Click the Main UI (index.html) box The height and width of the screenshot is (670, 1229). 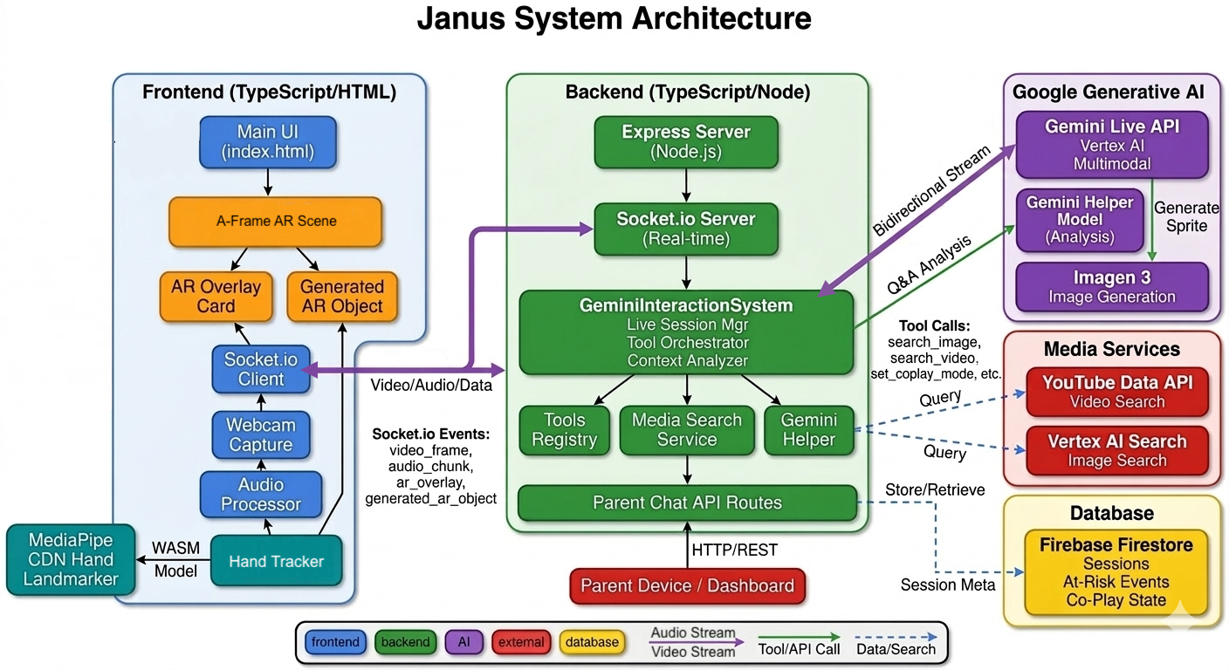click(268, 142)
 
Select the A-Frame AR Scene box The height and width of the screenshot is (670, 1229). click(276, 222)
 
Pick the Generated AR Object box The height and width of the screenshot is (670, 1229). click(342, 297)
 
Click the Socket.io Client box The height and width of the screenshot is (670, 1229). click(255, 369)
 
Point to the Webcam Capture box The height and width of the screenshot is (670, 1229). click(261, 434)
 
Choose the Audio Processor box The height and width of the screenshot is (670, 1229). click(261, 494)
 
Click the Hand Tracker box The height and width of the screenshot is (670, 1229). click(276, 562)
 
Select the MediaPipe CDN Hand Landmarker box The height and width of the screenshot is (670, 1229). click(71, 559)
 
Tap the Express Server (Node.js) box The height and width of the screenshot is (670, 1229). click(686, 142)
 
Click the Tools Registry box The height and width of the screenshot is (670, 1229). click(564, 429)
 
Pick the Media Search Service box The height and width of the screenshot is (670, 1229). click(687, 429)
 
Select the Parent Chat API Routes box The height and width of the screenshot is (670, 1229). click(687, 502)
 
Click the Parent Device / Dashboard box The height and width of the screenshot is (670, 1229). click(687, 585)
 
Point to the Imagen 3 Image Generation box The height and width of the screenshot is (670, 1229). click(1112, 287)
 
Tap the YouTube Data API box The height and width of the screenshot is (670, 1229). click(1116, 391)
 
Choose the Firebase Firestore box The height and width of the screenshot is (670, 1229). click(1116, 571)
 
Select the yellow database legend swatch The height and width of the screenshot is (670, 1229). click(592, 642)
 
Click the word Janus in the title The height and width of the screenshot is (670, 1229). click(462, 18)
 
